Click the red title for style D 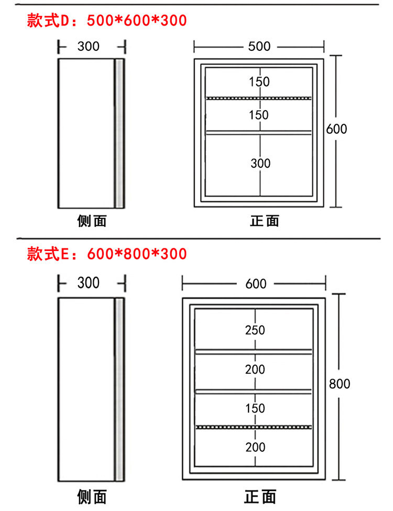tap(106, 20)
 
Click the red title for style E tap(106, 254)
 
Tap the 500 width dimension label tap(259, 46)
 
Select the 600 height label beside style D tap(336, 129)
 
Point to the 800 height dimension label tap(339, 384)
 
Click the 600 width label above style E tap(256, 284)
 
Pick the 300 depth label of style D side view tap(89, 46)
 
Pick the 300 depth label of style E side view tap(89, 283)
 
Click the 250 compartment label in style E tap(255, 330)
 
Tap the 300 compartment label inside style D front tap(260, 164)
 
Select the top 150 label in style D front tap(259, 82)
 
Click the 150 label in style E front tap(255, 408)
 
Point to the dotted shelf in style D tap(259, 98)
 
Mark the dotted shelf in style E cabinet tap(254, 427)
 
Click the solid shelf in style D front tap(259, 132)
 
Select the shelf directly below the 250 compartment tap(254, 352)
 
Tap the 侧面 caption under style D tap(92, 221)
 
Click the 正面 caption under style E tap(260, 497)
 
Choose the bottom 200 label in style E tap(255, 447)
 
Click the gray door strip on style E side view tap(119, 389)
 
